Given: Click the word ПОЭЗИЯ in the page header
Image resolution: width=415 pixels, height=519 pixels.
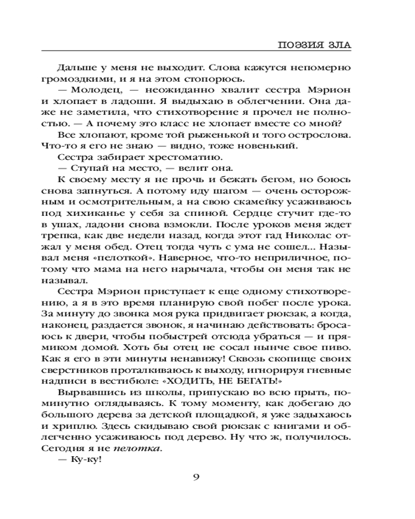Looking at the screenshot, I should click(x=301, y=45).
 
